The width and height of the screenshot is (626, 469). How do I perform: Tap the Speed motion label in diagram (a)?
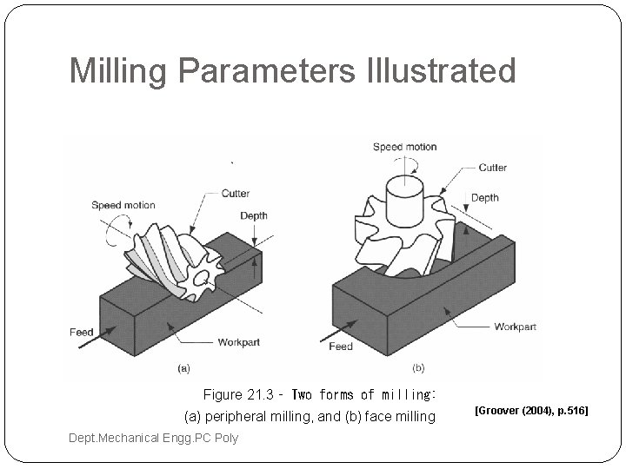(123, 206)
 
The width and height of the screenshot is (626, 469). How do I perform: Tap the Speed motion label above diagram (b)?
(404, 147)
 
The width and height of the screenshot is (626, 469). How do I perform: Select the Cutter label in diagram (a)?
(236, 194)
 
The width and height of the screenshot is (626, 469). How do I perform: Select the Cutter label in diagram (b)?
(493, 168)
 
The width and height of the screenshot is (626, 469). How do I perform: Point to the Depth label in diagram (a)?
(254, 215)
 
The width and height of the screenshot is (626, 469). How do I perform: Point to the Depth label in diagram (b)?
(485, 198)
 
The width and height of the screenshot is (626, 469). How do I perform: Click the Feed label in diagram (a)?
(81, 333)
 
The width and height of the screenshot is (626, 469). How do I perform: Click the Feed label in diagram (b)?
(341, 347)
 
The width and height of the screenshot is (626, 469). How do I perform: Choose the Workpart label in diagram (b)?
(516, 327)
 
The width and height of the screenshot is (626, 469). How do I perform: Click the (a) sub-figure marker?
(183, 368)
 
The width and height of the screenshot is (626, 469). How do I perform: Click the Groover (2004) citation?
(531, 408)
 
